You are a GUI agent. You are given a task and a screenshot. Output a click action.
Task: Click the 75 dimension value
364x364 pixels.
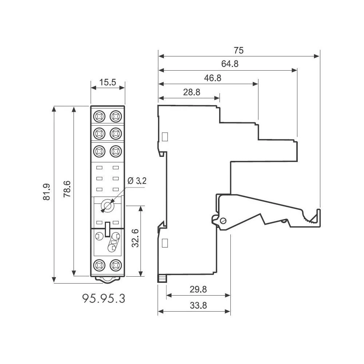click(239, 50)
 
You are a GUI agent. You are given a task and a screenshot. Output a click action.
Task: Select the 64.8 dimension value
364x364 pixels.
click(230, 64)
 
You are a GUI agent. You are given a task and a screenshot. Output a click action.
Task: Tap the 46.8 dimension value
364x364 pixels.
click(212, 78)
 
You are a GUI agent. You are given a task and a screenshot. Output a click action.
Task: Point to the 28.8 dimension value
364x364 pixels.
click(191, 92)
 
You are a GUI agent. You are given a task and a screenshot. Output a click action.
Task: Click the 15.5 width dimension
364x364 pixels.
click(107, 82)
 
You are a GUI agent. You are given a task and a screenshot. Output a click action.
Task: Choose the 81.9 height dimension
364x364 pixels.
click(46, 191)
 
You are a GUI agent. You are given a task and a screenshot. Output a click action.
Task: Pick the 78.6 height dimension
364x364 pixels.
click(67, 189)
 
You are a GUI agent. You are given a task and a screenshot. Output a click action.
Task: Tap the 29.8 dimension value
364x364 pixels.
click(198, 289)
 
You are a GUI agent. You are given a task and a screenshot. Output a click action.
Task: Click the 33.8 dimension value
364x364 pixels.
click(198, 306)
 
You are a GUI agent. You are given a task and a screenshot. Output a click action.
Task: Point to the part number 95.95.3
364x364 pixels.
click(104, 298)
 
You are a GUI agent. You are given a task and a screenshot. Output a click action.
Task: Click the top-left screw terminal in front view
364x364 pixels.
click(99, 116)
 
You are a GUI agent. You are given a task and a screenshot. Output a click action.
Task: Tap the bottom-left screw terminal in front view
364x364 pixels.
click(99, 265)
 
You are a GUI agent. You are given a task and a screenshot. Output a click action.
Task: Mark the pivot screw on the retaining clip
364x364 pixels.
click(223, 220)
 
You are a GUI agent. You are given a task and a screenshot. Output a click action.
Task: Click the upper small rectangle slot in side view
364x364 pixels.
click(165, 137)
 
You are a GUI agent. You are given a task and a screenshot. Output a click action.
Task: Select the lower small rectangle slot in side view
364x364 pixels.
click(165, 243)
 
